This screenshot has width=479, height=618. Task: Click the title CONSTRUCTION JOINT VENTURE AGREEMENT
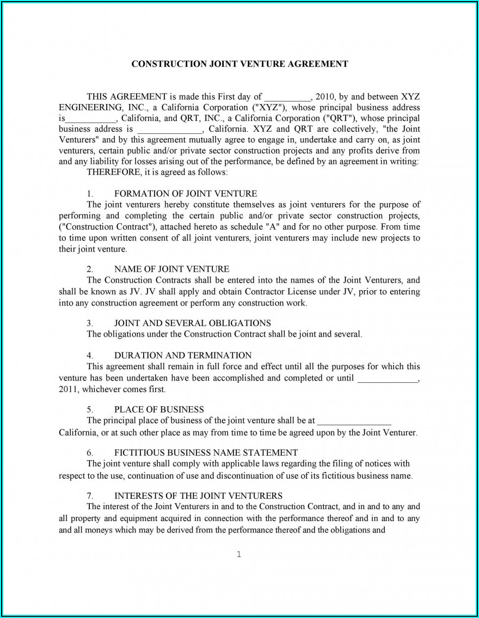(239, 64)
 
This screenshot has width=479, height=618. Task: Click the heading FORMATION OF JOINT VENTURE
(186, 193)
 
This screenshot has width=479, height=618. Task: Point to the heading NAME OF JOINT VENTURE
(171, 269)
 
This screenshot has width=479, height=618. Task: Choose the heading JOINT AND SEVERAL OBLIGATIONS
(192, 323)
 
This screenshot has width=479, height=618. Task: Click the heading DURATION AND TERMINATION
(183, 355)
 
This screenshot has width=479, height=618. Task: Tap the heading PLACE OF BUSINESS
(159, 409)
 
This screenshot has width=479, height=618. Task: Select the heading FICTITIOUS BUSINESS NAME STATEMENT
(206, 452)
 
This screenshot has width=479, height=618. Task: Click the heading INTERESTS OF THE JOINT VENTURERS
(198, 495)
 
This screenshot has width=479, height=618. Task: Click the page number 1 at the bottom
(239, 555)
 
